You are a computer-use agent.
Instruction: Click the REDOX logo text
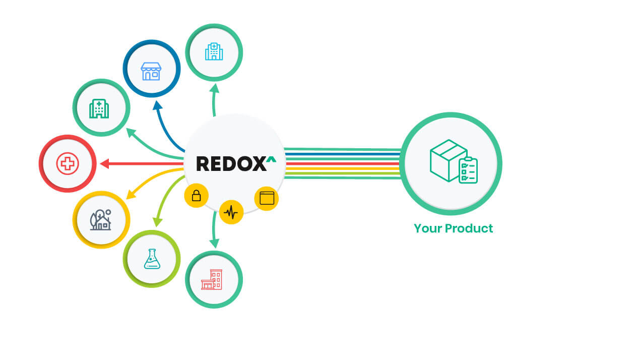[231, 163]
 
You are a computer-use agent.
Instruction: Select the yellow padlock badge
[197, 196]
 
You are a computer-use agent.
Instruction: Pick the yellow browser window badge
[267, 198]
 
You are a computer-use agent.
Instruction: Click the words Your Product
[453, 228]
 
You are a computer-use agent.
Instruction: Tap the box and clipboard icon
[453, 161]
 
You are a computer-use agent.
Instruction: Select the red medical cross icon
[68, 163]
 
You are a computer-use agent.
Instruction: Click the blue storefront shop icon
[151, 71]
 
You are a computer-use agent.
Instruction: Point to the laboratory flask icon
[151, 259]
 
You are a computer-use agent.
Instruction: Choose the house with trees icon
[101, 219]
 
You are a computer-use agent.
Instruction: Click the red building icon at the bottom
[212, 279]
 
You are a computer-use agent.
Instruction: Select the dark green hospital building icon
[99, 108]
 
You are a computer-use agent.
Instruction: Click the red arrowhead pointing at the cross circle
[104, 163]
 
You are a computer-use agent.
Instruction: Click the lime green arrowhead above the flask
[157, 221]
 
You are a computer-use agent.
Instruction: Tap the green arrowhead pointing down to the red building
[214, 243]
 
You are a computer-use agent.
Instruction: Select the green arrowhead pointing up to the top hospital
[214, 89]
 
